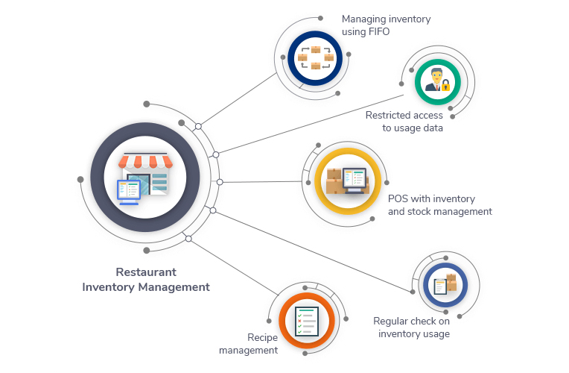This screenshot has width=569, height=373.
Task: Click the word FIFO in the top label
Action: click(378, 32)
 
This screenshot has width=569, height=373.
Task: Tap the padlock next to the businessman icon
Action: click(445, 86)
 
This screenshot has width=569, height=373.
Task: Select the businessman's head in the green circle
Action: click(436, 75)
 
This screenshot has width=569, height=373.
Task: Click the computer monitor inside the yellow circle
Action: click(355, 180)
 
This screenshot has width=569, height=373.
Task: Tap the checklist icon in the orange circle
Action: click(307, 322)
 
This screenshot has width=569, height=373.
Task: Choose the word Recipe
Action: click(262, 338)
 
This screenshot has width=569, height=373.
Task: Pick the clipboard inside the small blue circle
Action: click(441, 286)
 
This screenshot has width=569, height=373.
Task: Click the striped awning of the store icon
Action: click(145, 161)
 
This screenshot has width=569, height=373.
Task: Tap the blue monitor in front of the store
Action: click(129, 192)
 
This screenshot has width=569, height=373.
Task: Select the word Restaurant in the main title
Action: click(146, 272)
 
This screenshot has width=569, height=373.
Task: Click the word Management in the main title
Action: click(174, 287)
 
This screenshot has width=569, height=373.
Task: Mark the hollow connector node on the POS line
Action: click(220, 182)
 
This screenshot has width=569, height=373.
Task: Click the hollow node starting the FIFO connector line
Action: click(198, 127)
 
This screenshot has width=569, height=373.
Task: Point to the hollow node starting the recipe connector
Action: click(188, 239)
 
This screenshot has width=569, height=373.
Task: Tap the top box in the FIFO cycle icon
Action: click(316, 49)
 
